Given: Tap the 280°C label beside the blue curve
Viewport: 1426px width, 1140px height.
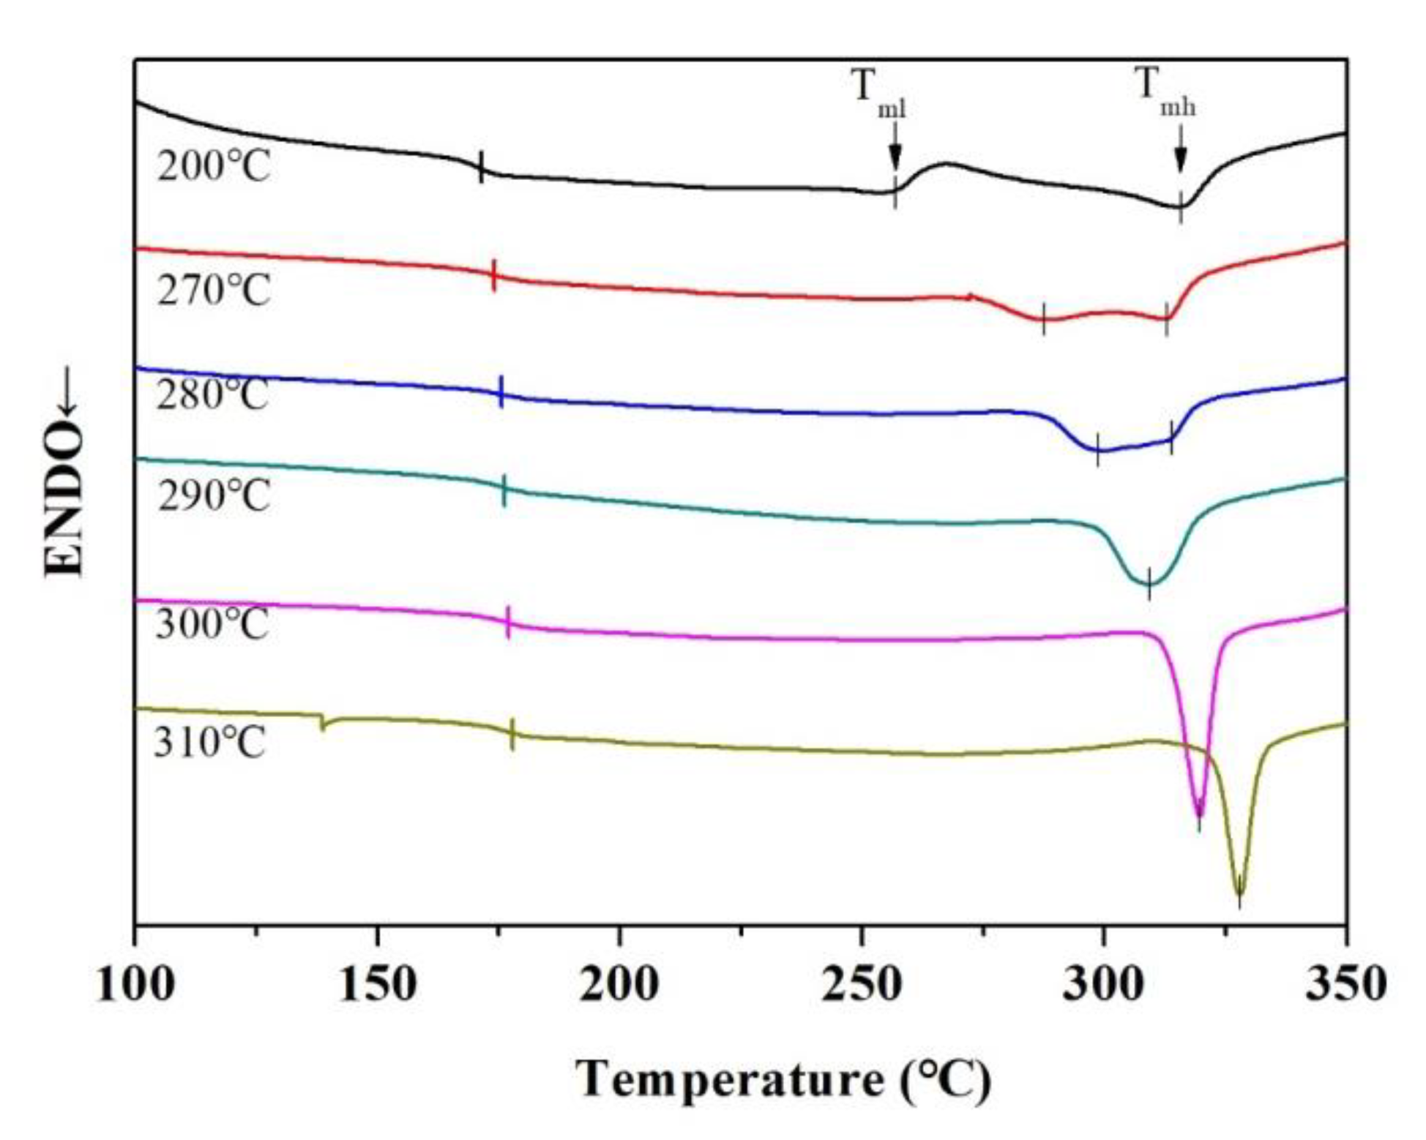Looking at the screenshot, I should pos(212,395).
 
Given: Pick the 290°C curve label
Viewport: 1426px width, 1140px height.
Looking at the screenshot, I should pos(214,496).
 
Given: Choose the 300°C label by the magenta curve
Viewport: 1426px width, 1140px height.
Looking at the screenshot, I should pos(212,625).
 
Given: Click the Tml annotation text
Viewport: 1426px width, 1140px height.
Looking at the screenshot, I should pos(878,91).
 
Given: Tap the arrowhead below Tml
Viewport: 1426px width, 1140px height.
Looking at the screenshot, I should pos(895,157).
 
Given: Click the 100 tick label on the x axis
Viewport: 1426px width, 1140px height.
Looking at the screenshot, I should pos(135,984).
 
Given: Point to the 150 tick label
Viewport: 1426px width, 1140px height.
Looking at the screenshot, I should pos(377,984).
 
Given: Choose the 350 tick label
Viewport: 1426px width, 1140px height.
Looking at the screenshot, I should pos(1345,984).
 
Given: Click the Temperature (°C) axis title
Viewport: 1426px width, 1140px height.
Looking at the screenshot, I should pos(783,1080).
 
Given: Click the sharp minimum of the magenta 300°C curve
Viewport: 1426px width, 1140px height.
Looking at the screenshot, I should pos(1198,814).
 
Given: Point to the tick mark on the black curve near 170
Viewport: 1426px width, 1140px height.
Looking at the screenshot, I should pos(481,167).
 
